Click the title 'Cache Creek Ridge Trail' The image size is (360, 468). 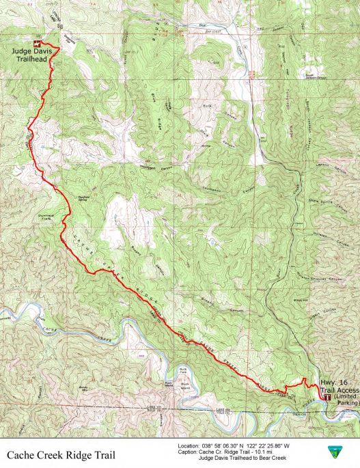coord(62,455)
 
